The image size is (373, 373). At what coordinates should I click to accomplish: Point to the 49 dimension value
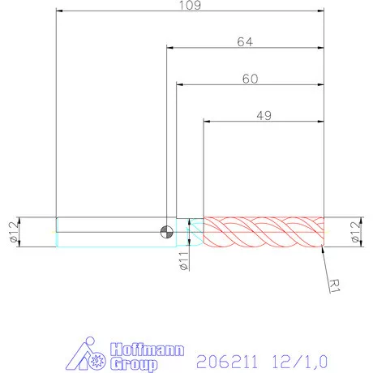[264, 115]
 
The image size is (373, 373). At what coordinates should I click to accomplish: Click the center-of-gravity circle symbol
[166, 232]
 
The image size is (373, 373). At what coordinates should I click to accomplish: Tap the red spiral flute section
[264, 232]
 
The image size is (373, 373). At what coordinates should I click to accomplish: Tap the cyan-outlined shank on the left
[105, 232]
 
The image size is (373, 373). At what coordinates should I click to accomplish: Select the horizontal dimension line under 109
[190, 11]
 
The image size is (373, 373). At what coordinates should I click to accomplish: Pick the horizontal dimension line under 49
[264, 122]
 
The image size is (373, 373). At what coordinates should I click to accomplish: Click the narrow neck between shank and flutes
[195, 232]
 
